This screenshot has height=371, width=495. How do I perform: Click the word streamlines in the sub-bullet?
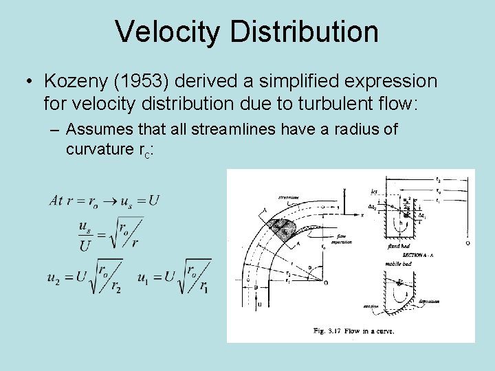coord(245,130)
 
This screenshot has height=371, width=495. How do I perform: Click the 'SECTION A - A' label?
coord(412,254)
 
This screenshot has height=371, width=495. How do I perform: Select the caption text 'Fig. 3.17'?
coord(329,331)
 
